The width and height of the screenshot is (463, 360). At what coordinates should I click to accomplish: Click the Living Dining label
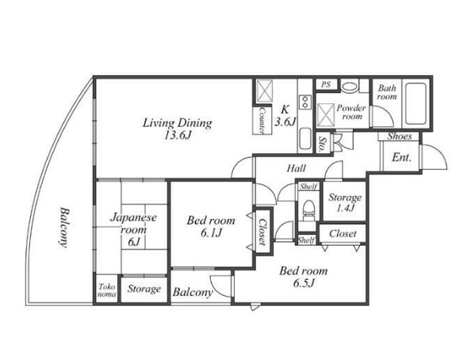point(177,123)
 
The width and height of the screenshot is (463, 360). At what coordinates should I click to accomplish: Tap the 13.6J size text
point(178,136)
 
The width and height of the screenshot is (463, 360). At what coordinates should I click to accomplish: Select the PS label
point(326,85)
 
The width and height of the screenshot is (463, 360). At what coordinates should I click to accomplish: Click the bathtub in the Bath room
point(415,103)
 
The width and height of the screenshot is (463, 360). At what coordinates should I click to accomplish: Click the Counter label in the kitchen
point(262,120)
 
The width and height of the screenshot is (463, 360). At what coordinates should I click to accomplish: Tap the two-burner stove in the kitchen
point(305,101)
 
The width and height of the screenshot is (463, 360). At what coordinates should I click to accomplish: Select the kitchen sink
point(305,139)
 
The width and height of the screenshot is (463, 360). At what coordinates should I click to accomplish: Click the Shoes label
point(400,136)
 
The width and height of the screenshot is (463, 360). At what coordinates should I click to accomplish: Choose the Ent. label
point(402,158)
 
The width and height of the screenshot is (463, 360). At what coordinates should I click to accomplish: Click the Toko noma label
point(107,290)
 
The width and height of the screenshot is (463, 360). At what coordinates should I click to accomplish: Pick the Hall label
point(297,168)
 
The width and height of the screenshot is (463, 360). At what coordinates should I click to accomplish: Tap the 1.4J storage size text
point(346,209)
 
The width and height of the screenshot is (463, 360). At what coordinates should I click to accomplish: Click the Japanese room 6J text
point(133,230)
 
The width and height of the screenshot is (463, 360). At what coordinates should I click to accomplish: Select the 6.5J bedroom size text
point(304,283)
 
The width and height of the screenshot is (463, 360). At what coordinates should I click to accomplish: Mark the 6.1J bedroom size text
point(211,233)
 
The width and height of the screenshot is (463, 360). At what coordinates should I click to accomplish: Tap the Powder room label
point(351,112)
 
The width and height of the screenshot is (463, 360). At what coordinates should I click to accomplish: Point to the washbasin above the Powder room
point(350,86)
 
